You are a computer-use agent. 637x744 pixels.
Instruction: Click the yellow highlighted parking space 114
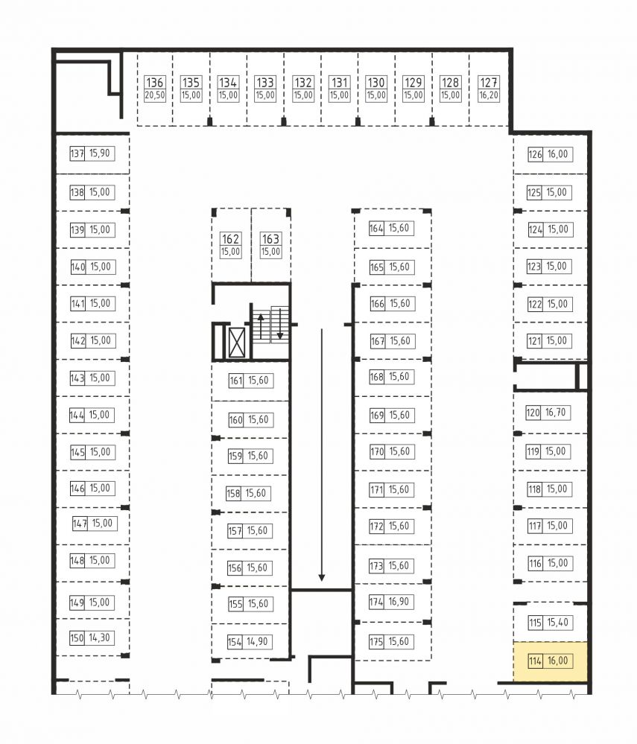coord(550,662)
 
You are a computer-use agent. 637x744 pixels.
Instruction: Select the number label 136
coord(155,83)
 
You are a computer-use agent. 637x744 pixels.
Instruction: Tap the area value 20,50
coord(155,95)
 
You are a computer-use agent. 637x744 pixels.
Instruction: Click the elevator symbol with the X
coord(237,342)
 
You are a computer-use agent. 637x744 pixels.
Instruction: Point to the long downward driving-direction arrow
coord(322,454)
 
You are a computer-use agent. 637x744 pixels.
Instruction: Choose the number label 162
coord(230,238)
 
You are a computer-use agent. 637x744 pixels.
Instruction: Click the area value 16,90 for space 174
coord(399,602)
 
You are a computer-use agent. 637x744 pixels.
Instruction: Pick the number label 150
coord(77,638)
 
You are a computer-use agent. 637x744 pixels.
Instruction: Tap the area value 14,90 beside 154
coord(257,642)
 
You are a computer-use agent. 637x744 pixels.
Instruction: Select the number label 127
coord(489,83)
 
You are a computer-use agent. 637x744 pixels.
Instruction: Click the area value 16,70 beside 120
coord(555,413)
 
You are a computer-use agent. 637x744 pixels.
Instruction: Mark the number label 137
coord(77,153)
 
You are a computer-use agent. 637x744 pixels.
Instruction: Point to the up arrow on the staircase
coord(261,325)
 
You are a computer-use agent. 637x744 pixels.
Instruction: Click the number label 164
coord(376,228)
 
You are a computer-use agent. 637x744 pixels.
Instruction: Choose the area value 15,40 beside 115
coord(558,623)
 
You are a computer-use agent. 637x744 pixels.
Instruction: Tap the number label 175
coord(376,642)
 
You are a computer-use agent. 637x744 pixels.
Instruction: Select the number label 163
coord(270,238)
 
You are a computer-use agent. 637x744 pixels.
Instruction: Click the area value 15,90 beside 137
coord(100,153)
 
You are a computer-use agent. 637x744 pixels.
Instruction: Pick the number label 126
coord(535,154)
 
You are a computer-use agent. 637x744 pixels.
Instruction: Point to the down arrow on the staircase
coord(280,324)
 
